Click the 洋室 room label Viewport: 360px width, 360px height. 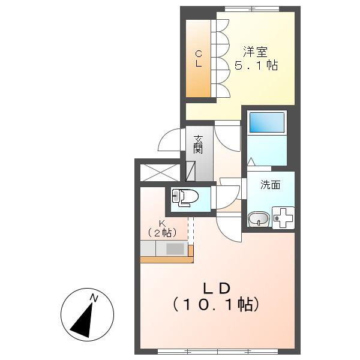click(256, 52)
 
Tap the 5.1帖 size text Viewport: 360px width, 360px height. click(256, 65)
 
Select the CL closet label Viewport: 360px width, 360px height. click(199, 59)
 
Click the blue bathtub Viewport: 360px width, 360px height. click(267, 122)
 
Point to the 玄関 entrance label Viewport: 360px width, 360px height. click(198, 145)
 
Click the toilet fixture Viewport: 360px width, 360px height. click(185, 197)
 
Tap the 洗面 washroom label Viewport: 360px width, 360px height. click(271, 185)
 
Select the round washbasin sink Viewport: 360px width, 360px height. click(259, 219)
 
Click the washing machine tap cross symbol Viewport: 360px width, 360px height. click(284, 218)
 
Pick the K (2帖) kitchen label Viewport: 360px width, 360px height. click(162, 229)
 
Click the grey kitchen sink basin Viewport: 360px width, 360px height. click(175, 248)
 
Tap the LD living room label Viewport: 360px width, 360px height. click(217, 289)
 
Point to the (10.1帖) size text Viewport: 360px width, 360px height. click(216, 305)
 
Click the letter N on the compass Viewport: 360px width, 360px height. click(94, 298)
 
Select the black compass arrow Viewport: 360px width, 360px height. click(83, 320)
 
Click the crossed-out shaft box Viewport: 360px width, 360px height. click(160, 173)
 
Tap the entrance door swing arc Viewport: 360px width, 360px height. click(169, 140)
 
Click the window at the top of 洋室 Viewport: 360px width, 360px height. click(252, 9)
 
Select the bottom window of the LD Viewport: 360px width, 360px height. click(218, 352)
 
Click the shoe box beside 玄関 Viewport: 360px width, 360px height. click(191, 171)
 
